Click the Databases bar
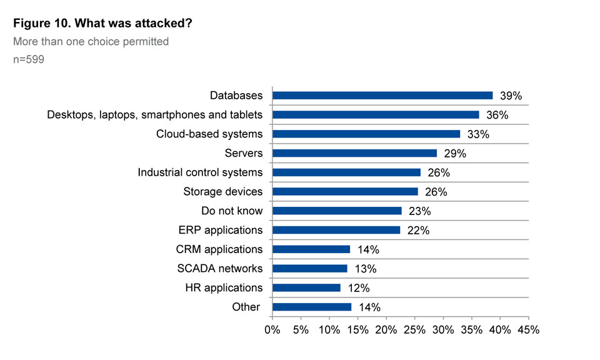382,96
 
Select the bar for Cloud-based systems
366,134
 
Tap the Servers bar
354,153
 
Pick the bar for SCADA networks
310,269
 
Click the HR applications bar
307,288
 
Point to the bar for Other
312,307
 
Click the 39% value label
511,96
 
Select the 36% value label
497,115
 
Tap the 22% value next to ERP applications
418,231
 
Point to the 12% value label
359,288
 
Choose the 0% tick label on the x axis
272,329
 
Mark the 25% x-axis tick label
414,329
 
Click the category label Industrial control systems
200,172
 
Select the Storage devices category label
223,192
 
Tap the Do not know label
232,211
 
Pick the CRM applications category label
219,249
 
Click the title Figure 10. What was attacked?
102,24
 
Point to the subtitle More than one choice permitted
91,42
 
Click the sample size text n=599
28,60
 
